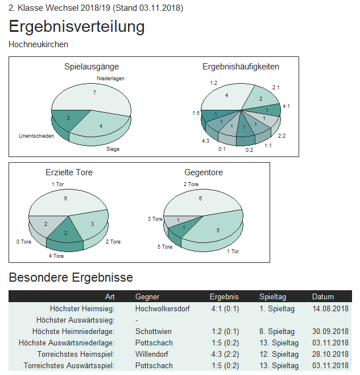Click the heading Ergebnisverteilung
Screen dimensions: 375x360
[77, 27]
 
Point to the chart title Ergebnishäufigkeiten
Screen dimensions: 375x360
[241, 67]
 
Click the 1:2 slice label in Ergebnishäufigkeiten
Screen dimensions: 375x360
[214, 83]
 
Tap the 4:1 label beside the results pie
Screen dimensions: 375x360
[286, 106]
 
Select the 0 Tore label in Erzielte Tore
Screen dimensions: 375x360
[24, 242]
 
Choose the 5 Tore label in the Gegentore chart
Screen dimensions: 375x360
[165, 247]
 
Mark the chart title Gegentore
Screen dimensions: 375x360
[204, 172]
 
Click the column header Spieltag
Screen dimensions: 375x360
[272, 296]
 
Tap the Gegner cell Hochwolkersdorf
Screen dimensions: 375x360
[163, 308]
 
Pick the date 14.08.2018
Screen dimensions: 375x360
[330, 308]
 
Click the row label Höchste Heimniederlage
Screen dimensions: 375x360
[73, 331]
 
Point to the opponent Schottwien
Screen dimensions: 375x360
[154, 331]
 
